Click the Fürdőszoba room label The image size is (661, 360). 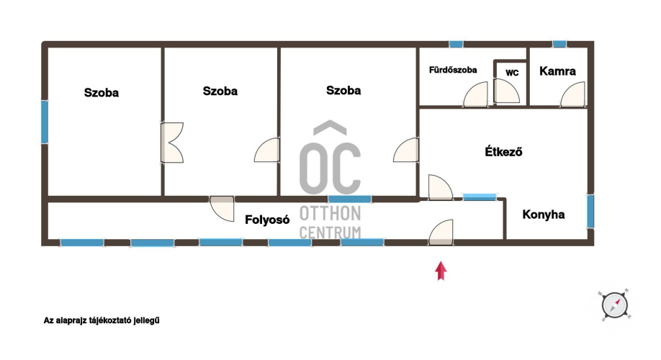(453, 70)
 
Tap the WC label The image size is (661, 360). (512, 73)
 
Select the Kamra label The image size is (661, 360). (557, 71)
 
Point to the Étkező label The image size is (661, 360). (503, 151)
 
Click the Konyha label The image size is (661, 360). (544, 215)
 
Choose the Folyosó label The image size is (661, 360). (267, 220)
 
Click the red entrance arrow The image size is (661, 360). (441, 271)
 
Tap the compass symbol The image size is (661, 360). (615, 305)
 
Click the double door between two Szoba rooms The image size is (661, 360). (172, 143)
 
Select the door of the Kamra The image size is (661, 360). (573, 94)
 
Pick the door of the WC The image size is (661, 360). (506, 91)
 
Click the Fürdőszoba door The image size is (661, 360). (475, 94)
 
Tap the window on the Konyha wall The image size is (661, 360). (590, 211)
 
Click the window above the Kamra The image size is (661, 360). (559, 44)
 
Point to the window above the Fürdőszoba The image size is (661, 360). (456, 44)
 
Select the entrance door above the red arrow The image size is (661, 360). (441, 233)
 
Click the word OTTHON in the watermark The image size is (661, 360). (330, 214)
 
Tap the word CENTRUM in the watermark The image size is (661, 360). (330, 233)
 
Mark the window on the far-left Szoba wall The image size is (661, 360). (44, 122)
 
